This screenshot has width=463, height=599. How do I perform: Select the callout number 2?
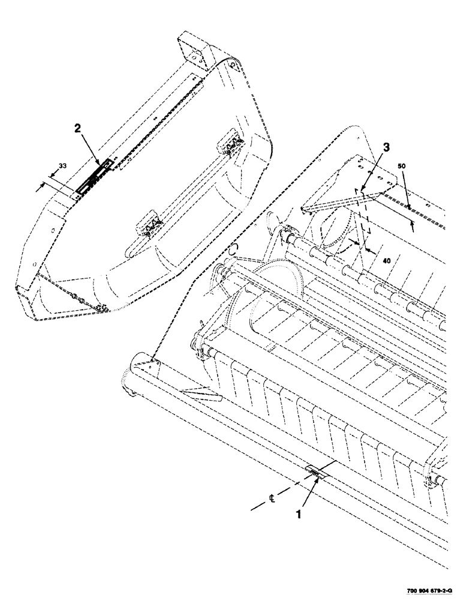pyautogui.click(x=77, y=128)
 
